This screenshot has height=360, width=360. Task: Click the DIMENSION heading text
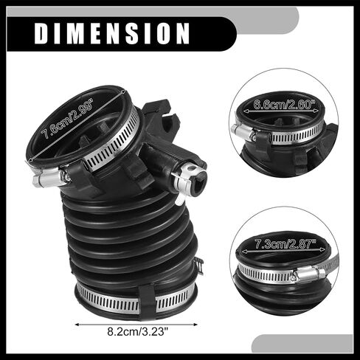[112, 33]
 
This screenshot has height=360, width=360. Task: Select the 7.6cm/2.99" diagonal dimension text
[68, 119]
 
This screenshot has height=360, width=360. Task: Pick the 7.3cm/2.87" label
[285, 244]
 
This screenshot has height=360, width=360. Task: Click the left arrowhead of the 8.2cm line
[77, 325]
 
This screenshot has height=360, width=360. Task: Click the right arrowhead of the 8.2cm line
[195, 325]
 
